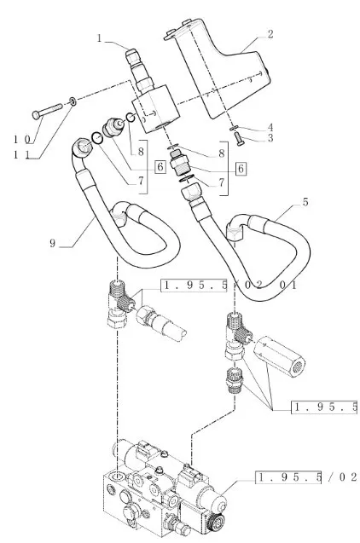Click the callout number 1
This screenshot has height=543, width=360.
(x=100, y=38)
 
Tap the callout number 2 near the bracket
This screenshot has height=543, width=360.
(x=270, y=34)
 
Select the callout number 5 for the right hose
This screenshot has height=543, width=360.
(x=305, y=202)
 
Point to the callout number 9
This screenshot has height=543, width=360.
(x=52, y=243)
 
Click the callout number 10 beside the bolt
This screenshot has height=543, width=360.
(x=22, y=140)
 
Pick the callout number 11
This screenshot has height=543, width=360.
(x=20, y=154)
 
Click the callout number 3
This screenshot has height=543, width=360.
(x=270, y=138)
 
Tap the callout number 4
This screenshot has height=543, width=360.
(x=270, y=128)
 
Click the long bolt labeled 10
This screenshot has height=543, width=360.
(x=47, y=109)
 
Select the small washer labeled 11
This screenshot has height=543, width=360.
(x=73, y=101)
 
